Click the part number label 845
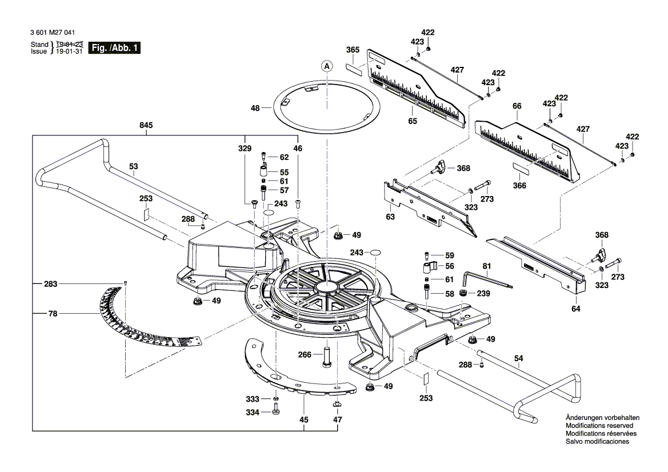click(146, 125)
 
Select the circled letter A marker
click(327, 67)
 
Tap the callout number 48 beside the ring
click(255, 107)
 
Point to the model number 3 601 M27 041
click(55, 33)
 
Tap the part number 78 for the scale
click(53, 313)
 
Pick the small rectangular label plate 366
click(519, 167)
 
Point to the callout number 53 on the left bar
click(133, 167)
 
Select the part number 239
click(483, 294)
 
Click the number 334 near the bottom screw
click(252, 412)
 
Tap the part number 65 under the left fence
click(413, 121)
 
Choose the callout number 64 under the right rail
click(575, 309)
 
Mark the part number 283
click(53, 283)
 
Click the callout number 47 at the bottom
click(338, 420)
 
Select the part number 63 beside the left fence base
click(390, 217)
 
